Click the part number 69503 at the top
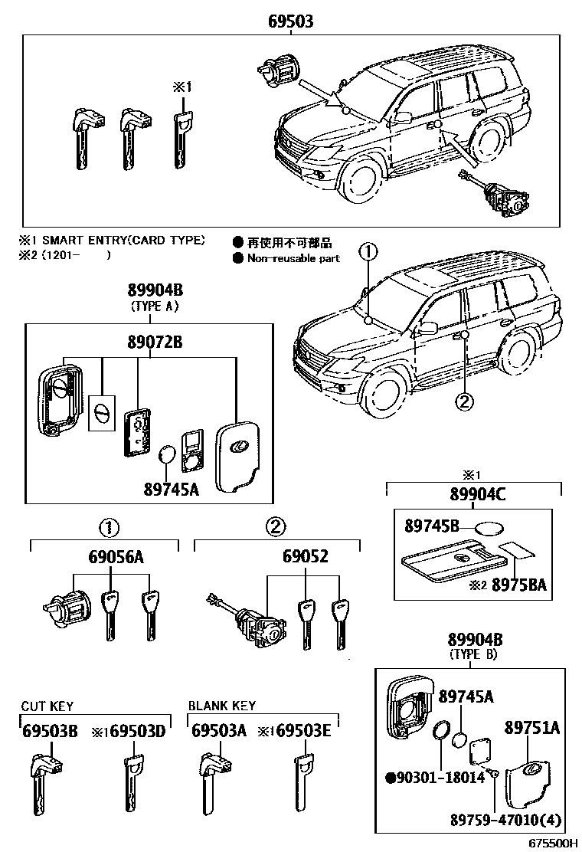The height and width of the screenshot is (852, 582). [x=290, y=22]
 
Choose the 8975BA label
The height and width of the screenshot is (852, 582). [x=518, y=585]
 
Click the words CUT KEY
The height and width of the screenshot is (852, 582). [x=47, y=706]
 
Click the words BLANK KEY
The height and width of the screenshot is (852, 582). [x=222, y=706]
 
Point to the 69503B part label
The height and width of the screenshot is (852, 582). [x=49, y=731]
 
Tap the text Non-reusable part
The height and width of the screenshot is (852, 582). [x=293, y=258]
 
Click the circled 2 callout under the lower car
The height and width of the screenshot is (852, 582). [x=465, y=399]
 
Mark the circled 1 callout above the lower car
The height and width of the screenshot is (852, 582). [x=368, y=251]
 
